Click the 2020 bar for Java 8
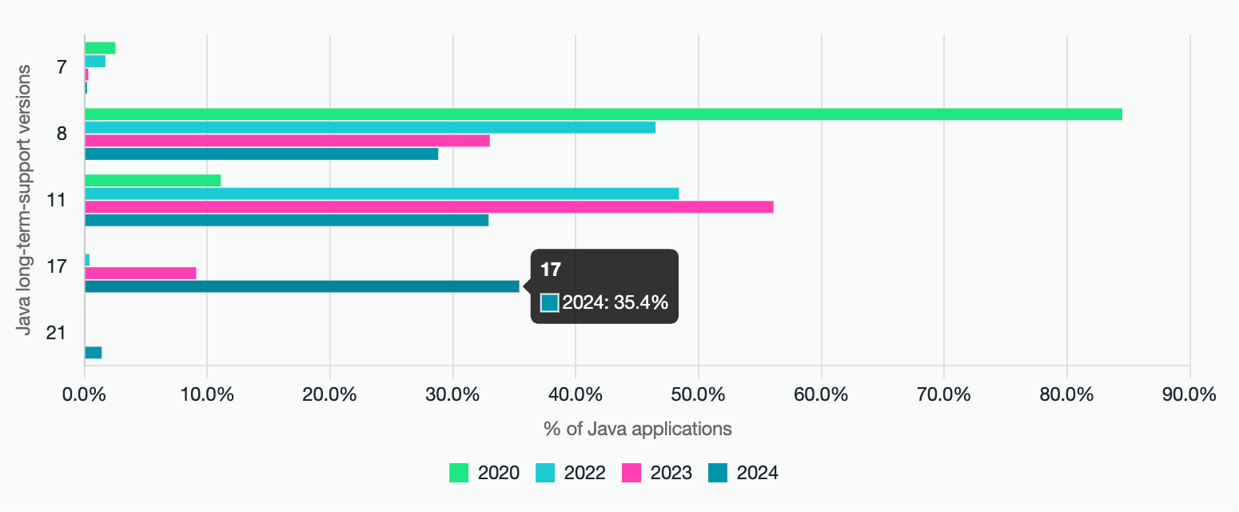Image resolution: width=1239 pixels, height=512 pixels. click(604, 114)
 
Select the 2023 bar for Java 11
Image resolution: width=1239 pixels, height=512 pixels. click(429, 207)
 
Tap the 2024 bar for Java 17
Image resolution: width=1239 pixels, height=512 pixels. click(302, 286)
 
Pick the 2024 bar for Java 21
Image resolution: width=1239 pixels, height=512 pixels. click(94, 353)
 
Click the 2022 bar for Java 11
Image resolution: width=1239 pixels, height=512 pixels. click(381, 194)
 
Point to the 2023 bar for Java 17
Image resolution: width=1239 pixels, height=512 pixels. click(141, 274)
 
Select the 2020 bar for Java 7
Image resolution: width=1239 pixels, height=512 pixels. click(100, 48)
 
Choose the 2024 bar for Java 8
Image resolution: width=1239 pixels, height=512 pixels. click(261, 154)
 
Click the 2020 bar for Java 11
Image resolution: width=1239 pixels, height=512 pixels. click(153, 181)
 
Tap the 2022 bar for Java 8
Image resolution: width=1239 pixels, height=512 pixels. click(370, 127)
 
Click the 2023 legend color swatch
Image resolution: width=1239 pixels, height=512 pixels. click(631, 474)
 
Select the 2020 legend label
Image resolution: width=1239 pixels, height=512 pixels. click(498, 474)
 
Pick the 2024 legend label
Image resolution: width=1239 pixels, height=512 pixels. click(757, 474)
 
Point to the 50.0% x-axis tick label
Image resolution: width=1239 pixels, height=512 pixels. click(698, 394)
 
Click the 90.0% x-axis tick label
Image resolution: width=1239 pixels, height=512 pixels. click(1189, 394)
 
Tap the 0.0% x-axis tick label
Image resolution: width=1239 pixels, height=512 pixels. click(84, 394)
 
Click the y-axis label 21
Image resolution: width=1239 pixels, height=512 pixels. click(56, 333)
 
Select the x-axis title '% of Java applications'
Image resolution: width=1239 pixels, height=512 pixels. click(638, 429)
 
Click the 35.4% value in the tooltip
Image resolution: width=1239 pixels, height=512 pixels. click(641, 302)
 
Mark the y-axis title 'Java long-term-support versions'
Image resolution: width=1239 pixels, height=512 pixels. click(24, 200)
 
